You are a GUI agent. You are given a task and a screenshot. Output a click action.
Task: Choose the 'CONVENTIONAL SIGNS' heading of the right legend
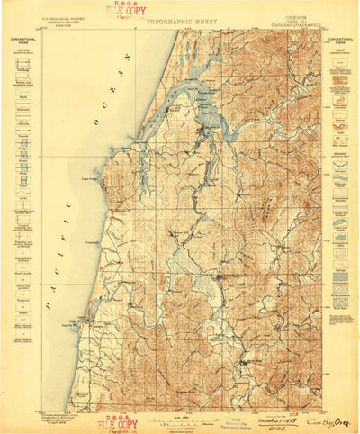click(x=339, y=41)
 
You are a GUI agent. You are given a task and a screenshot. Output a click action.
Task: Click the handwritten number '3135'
click(x=253, y=427)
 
